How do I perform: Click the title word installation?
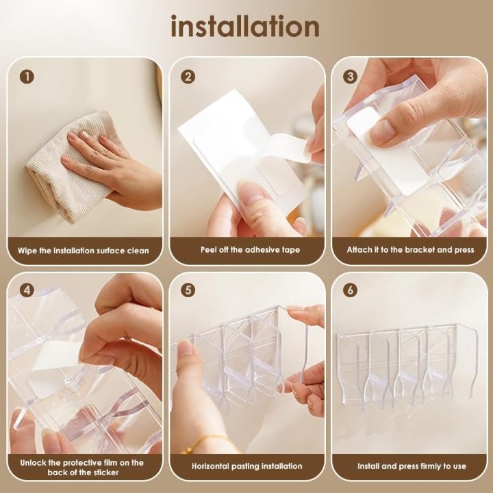245,27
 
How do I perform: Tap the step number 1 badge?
27,77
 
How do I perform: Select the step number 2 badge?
188,77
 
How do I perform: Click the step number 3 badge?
351,77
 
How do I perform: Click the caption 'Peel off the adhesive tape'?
247,251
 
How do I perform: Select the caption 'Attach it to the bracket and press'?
409,251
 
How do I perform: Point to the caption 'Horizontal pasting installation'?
247,466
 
